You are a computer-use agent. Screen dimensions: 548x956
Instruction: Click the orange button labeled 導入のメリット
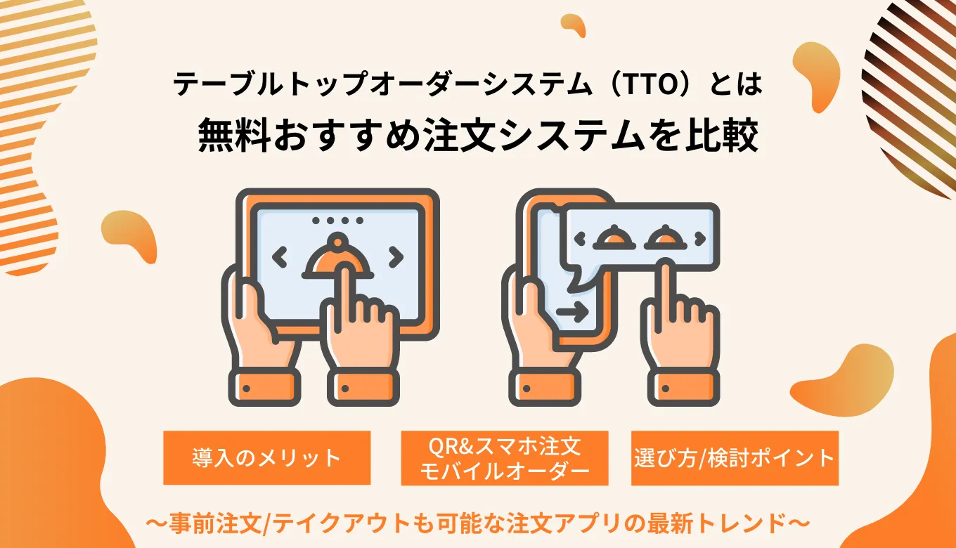pos(266,458)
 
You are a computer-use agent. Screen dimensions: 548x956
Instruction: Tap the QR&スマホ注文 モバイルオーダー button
pos(504,458)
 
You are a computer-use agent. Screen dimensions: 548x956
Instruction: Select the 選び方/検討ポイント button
pos(735,458)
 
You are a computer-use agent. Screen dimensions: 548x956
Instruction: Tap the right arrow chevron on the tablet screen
pos(396,257)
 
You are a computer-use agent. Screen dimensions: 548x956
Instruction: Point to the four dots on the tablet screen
pos(338,220)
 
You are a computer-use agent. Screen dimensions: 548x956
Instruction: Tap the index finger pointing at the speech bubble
pos(664,295)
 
